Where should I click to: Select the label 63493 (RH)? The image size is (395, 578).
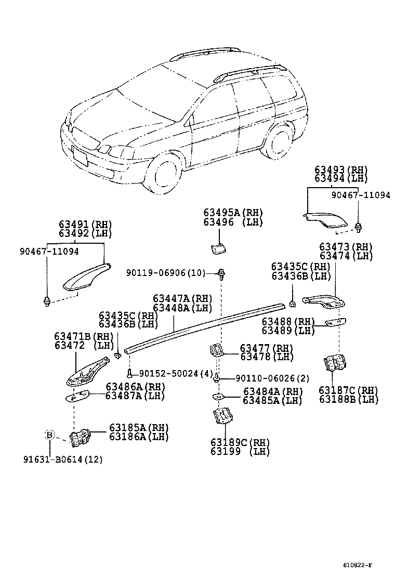340,170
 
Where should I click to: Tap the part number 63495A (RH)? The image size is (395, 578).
233,213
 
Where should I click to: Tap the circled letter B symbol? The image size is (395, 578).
49,435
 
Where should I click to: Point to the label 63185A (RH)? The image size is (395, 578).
139,428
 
